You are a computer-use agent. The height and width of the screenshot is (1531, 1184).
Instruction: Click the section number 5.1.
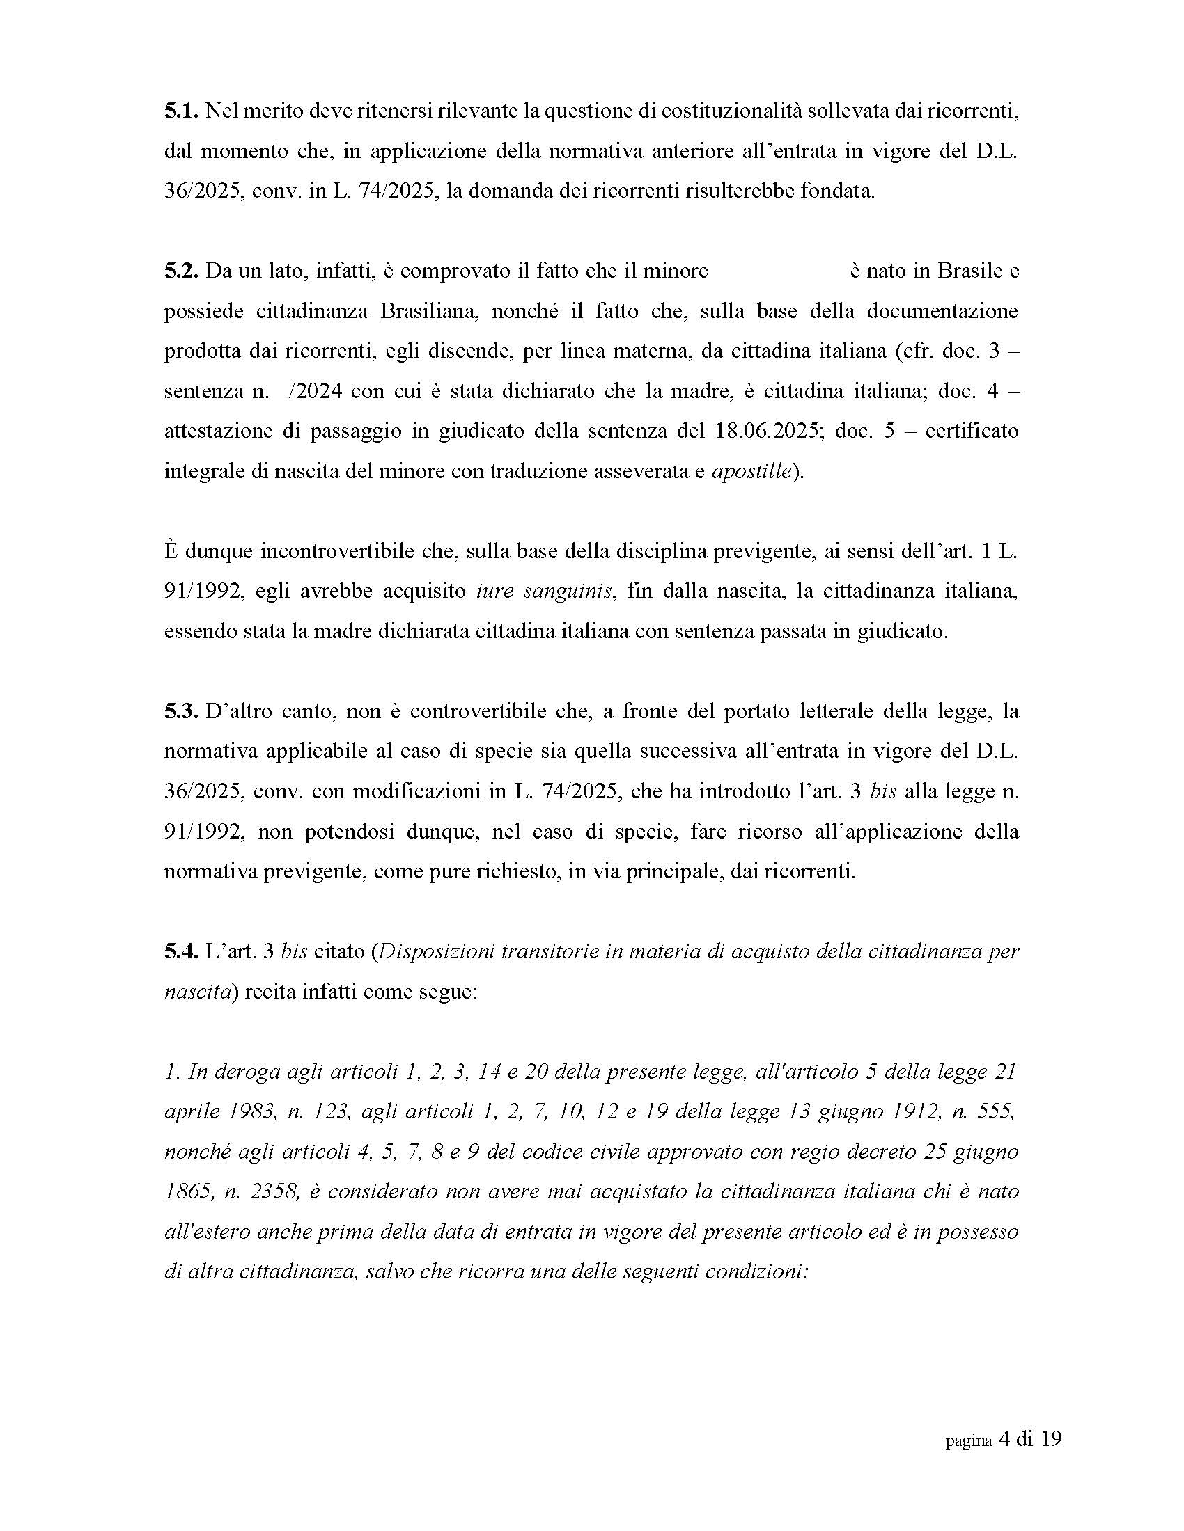pos(182,111)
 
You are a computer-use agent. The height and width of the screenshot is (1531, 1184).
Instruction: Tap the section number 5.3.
pos(182,711)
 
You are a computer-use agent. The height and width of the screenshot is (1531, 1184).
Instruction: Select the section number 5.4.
pos(182,952)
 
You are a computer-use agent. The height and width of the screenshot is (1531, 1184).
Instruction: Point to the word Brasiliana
pos(429,310)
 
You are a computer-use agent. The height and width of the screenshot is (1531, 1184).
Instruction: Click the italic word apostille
pos(751,471)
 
